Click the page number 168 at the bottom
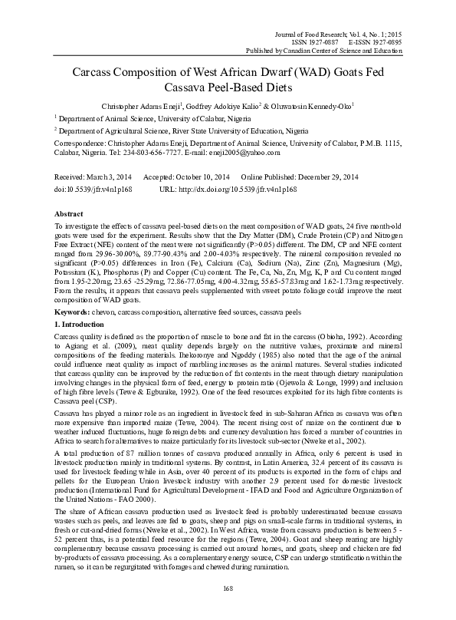(228, 589)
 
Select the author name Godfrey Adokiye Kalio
(226, 105)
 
